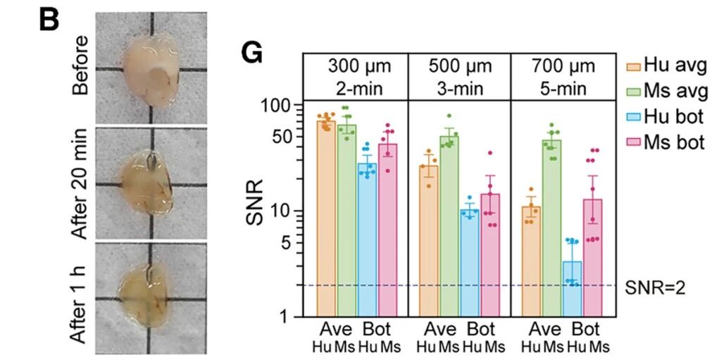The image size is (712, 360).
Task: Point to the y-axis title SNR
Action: click(x=255, y=202)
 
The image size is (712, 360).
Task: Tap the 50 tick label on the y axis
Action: click(x=285, y=137)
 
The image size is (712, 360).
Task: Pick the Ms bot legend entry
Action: click(x=668, y=142)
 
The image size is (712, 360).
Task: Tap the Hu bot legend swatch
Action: click(x=634, y=118)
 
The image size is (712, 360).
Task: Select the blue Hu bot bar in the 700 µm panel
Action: click(x=572, y=289)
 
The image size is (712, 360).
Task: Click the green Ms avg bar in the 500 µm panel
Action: click(x=449, y=226)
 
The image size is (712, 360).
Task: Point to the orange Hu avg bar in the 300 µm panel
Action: click(x=326, y=219)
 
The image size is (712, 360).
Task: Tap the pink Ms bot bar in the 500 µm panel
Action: click(x=490, y=255)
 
